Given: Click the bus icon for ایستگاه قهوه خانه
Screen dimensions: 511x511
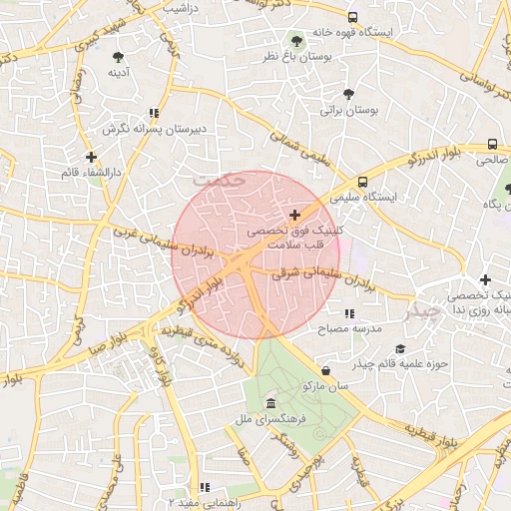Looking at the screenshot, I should tap(352, 18).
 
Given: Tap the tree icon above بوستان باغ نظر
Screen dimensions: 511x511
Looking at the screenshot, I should tap(296, 41).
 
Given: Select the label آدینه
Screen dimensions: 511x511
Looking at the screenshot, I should tap(118, 72).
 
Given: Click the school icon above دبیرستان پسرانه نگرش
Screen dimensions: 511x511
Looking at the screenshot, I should tap(153, 114).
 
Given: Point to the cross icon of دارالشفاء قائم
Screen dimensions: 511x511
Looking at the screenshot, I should tap(91, 157).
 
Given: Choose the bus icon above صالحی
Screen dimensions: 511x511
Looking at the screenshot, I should tap(492, 144).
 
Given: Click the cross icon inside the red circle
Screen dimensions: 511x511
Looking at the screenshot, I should tap(294, 215).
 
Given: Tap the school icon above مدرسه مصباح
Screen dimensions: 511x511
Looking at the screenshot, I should tap(348, 313).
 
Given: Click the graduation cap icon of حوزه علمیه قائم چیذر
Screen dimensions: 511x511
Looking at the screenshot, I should tap(400, 348).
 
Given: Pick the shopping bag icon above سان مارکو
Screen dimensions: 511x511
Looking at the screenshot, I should tap(326, 370).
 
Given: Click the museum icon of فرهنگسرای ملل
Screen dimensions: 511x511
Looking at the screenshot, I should tap(271, 402).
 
